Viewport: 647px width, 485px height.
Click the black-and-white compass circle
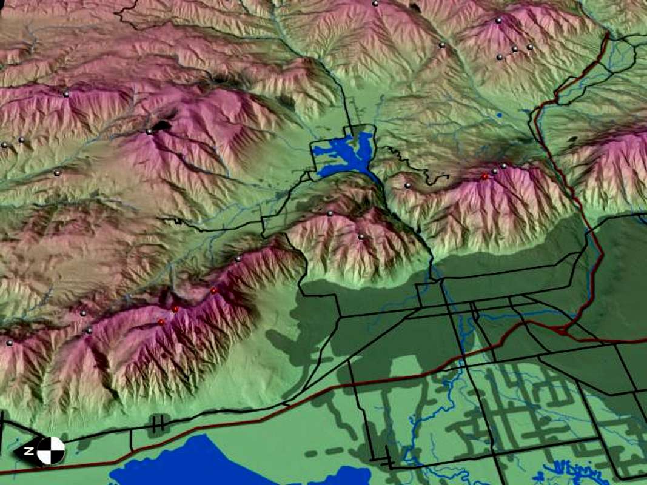[51, 450]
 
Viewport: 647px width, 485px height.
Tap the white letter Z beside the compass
[28, 452]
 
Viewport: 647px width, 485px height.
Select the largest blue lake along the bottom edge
[182, 464]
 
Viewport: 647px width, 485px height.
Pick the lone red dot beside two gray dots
[484, 176]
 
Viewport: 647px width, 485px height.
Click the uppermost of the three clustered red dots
[213, 291]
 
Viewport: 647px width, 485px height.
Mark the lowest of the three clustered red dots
[161, 322]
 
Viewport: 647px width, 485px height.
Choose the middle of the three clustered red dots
[175, 309]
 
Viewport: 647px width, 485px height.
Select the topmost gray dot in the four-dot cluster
[498, 21]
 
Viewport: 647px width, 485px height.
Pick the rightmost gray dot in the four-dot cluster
[529, 47]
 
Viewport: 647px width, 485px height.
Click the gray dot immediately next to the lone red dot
[495, 172]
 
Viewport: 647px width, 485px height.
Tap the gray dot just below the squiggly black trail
[407, 186]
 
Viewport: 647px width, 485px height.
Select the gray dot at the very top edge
[375, 3]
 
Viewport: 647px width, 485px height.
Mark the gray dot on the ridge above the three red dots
[238, 259]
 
